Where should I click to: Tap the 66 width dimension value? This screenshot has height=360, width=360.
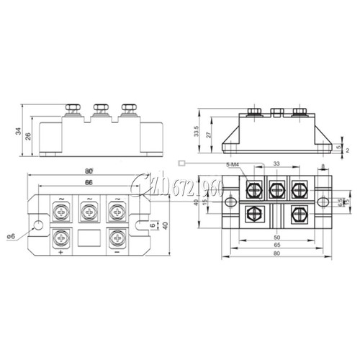89,184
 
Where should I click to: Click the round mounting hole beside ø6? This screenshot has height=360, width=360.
32,223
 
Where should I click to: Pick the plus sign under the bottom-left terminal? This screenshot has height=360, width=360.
60,253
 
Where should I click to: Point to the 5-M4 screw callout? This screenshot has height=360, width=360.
233,166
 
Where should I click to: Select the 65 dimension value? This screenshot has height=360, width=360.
276,246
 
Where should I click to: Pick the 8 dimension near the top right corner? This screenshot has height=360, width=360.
323,166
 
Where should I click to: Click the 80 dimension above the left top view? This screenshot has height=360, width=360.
89,171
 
